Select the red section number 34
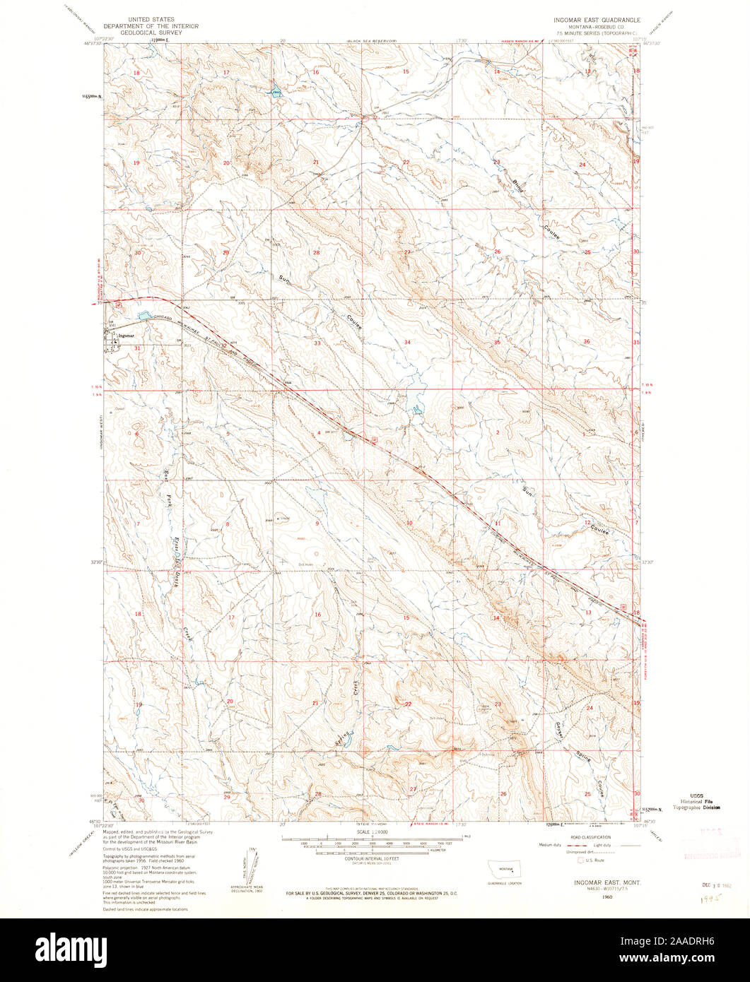tap(407, 342)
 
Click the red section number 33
tap(317, 343)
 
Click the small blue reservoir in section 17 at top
tap(274, 92)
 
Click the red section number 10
tap(409, 523)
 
